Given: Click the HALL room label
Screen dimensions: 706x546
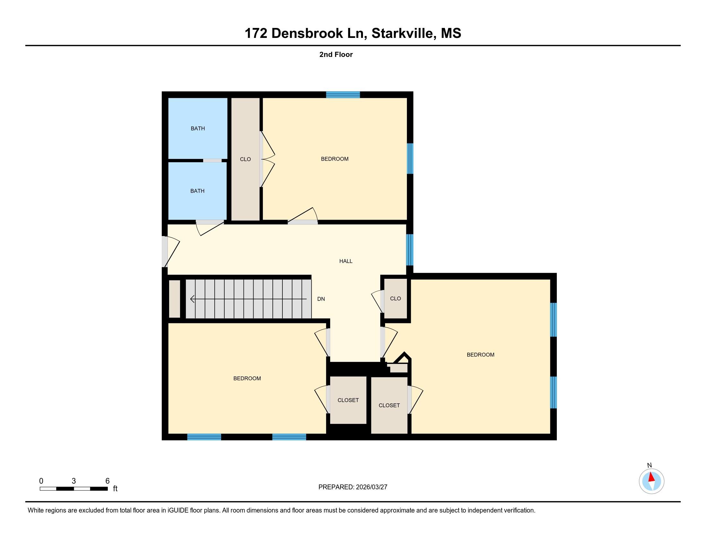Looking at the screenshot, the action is point(346,261).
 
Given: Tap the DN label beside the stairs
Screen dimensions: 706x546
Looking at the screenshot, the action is point(321,299).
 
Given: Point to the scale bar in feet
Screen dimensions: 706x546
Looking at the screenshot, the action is point(74,489).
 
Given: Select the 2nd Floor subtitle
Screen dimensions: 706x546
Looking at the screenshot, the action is point(336,54).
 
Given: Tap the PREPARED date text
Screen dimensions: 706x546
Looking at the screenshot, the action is point(353,487).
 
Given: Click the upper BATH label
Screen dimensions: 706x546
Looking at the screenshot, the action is point(197,128).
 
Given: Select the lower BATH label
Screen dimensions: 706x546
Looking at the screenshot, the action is point(197,191).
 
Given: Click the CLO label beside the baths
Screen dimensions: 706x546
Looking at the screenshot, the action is point(245,159).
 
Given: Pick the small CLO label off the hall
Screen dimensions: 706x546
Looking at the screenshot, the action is point(395,299).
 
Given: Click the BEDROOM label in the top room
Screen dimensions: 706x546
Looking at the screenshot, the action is point(335,159).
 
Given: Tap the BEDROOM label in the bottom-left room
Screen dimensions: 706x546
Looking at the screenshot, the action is point(247,378).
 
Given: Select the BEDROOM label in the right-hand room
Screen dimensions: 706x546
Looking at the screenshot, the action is point(480,355).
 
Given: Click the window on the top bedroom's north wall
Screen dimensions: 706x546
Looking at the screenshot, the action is point(343,94).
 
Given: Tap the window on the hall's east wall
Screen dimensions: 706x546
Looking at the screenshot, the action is point(409,250).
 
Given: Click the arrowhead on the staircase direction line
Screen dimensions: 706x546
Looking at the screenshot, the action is point(192,299).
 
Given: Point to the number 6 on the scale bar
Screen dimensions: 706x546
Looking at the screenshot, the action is point(108,481).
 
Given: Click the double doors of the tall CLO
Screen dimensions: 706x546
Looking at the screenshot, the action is point(268,159).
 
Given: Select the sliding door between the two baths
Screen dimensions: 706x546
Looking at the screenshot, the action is point(212,161).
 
